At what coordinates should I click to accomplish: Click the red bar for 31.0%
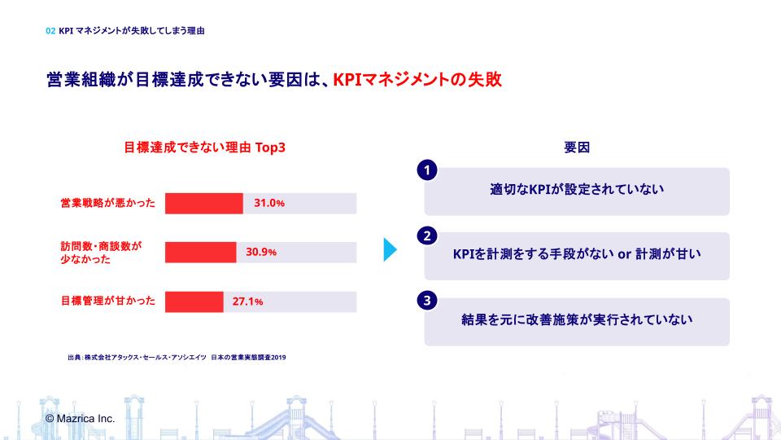coord(203,203)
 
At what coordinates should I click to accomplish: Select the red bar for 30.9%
coord(200,252)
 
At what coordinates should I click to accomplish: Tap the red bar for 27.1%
coord(194,301)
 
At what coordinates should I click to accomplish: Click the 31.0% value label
coord(269,203)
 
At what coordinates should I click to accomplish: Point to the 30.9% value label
coord(261,252)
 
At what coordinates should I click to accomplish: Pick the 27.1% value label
coord(247,301)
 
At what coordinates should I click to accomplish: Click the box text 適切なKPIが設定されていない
coord(577,190)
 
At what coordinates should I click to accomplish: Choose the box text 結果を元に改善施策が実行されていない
coord(577,320)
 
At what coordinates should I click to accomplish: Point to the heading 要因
coord(577,148)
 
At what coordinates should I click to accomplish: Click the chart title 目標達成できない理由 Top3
coord(204,148)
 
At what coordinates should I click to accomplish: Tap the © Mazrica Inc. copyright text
coord(80,418)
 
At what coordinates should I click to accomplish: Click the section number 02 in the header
coord(51,31)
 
